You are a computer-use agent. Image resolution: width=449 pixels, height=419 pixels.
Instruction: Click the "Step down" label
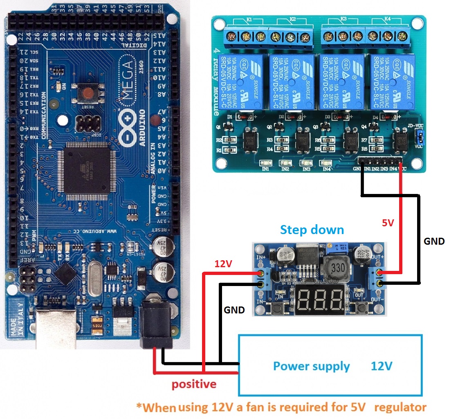(x=312, y=230)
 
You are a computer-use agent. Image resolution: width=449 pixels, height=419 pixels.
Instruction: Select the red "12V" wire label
(x=223, y=264)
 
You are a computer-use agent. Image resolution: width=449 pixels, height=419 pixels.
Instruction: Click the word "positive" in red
(x=193, y=384)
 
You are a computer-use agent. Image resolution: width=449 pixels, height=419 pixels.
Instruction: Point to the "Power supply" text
(x=311, y=366)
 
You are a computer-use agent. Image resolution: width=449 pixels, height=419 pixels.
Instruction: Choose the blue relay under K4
(x=392, y=82)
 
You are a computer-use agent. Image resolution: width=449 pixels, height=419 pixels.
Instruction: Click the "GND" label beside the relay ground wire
(x=434, y=241)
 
